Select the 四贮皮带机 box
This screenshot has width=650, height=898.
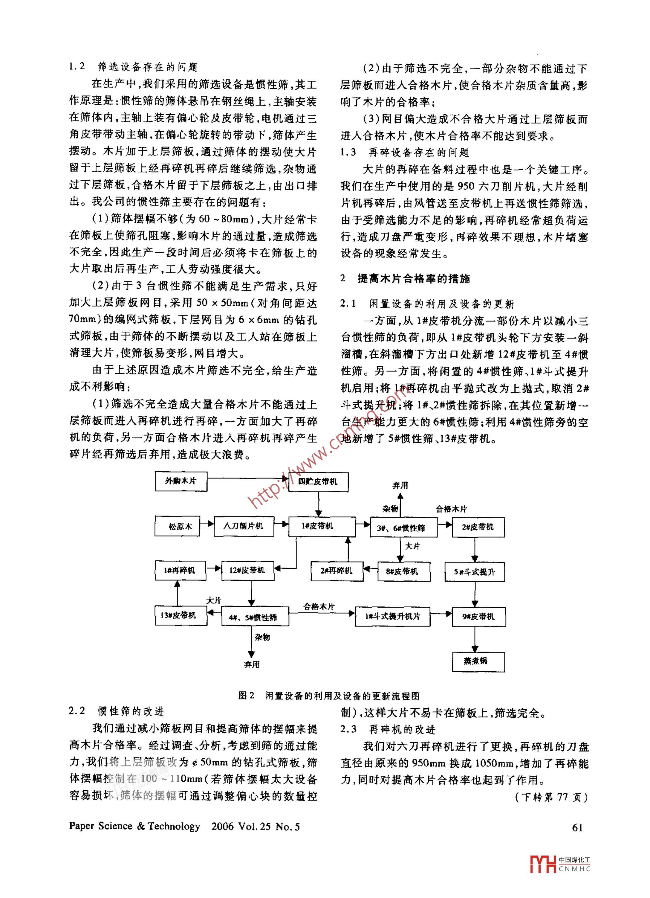[318, 482]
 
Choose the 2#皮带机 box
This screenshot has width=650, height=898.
[478, 527]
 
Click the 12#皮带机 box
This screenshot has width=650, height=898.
[248, 571]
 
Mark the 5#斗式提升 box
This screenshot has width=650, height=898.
[475, 572]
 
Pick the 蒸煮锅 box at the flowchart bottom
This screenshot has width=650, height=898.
[478, 661]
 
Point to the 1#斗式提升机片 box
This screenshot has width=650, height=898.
[392, 616]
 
